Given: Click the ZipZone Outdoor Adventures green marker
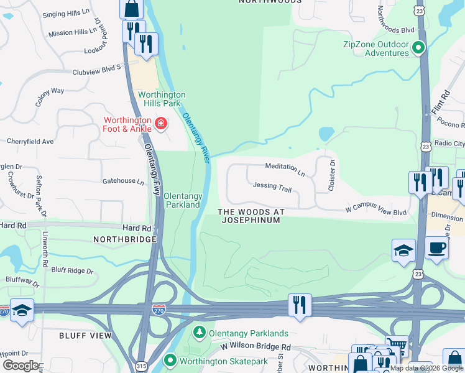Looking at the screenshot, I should tap(420, 46).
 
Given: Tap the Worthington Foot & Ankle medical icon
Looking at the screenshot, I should tap(161, 124).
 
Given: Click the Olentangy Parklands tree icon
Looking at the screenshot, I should tap(200, 333).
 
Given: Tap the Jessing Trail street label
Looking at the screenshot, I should tap(272, 186).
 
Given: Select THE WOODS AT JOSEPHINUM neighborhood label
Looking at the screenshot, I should tap(252, 216).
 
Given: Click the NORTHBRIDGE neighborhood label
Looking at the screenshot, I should tap(124, 239).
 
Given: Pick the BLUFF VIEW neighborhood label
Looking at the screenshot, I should tap(85, 335).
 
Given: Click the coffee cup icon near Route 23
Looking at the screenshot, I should tap(436, 247).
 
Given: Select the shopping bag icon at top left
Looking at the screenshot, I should tap(131, 8).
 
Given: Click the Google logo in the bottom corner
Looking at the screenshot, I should tap(20, 365).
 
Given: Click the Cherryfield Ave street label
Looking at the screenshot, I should tap(30, 141).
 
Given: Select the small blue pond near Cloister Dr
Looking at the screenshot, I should tap(326, 134).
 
